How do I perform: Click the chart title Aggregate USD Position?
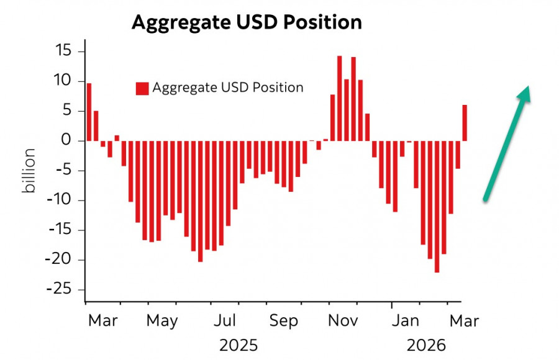click(x=247, y=22)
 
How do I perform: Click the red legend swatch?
click(x=142, y=88)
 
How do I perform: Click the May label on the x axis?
click(x=161, y=322)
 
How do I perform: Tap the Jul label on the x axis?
click(x=225, y=322)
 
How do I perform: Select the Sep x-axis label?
click(x=284, y=322)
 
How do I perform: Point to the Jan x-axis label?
click(x=408, y=322)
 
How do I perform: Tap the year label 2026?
click(x=425, y=345)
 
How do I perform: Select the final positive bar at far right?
click(x=465, y=123)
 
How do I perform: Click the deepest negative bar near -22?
click(x=437, y=206)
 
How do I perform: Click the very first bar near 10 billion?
click(x=89, y=112)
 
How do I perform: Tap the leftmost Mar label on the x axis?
click(x=102, y=322)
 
